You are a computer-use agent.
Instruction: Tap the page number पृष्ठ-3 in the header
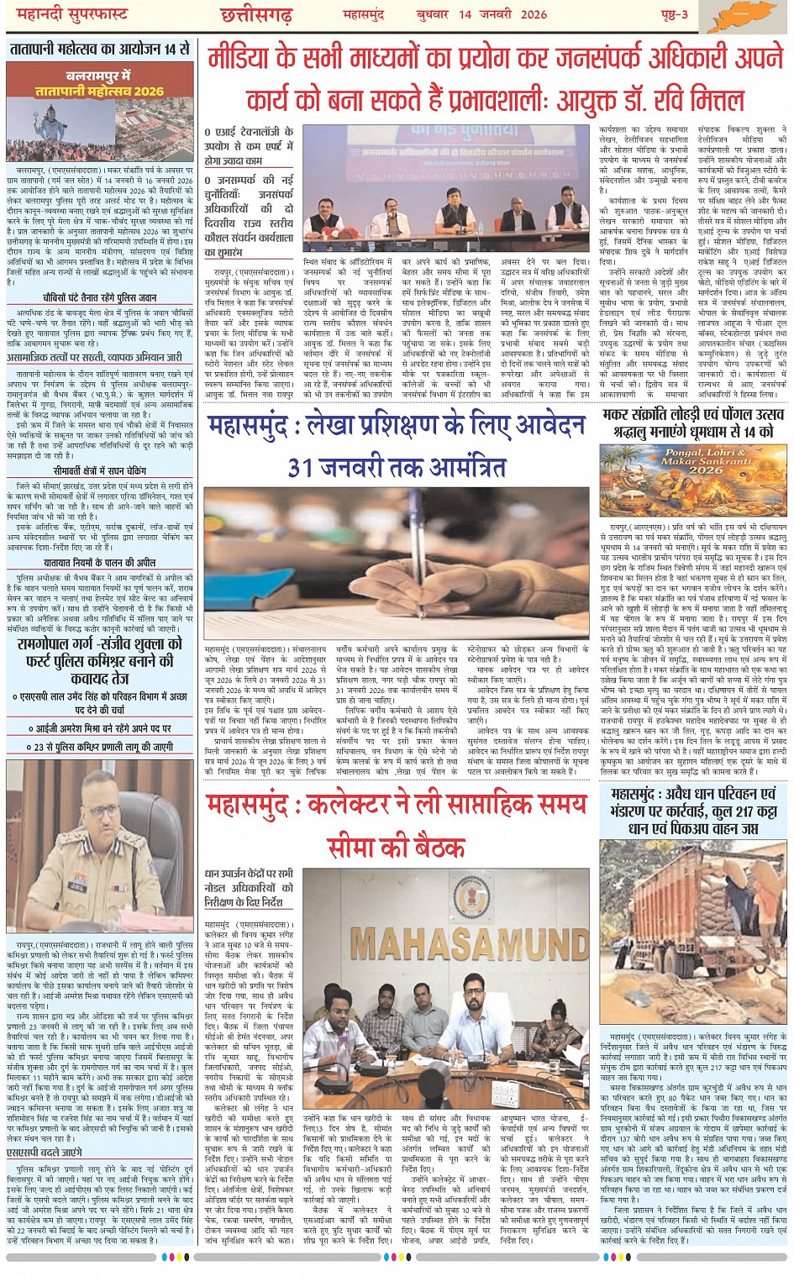pos(671,14)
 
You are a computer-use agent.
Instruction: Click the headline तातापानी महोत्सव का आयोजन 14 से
pos(100,50)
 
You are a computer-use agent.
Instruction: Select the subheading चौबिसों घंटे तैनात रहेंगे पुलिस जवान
pos(100,297)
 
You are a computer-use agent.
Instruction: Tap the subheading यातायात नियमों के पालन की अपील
pos(100,562)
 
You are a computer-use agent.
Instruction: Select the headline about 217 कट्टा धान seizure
pos(693,811)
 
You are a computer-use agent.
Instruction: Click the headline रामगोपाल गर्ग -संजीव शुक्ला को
pos(100,644)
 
